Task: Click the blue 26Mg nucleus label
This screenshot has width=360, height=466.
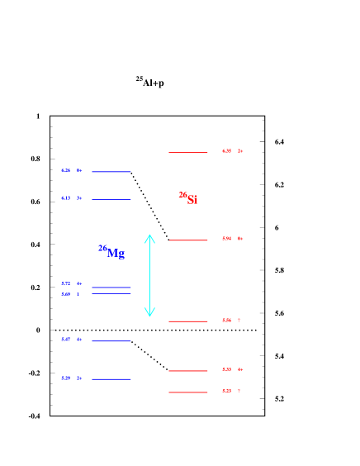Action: pyautogui.click(x=111, y=252)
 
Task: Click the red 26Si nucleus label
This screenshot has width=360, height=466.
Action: pyautogui.click(x=188, y=198)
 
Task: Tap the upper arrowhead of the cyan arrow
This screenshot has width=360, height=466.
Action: pyautogui.click(x=149, y=239)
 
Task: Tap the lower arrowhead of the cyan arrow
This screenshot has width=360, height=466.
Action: pyautogui.click(x=149, y=312)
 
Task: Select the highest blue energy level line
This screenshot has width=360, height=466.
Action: pyautogui.click(x=111, y=172)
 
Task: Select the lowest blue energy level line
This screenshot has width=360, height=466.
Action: pyautogui.click(x=111, y=379)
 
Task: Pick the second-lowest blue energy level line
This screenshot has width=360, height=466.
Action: pyautogui.click(x=111, y=340)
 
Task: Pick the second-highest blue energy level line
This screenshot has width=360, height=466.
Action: pyautogui.click(x=111, y=199)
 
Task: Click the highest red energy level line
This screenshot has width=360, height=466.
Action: pyautogui.click(x=188, y=152)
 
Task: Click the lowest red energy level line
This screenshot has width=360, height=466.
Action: pyautogui.click(x=188, y=392)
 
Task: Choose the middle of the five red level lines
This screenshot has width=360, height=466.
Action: pyautogui.click(x=188, y=321)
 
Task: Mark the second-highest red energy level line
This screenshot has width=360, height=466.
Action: pyautogui.click(x=188, y=240)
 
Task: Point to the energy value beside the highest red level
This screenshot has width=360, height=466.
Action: pyautogui.click(x=226, y=151)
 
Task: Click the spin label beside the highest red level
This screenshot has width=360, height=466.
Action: pyautogui.click(x=240, y=151)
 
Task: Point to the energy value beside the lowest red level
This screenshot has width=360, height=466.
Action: pyautogui.click(x=226, y=392)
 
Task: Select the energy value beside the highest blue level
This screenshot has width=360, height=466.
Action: pyautogui.click(x=65, y=171)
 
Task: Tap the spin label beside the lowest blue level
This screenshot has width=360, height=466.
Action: pyautogui.click(x=79, y=378)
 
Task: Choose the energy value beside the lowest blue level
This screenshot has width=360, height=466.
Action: pyautogui.click(x=65, y=378)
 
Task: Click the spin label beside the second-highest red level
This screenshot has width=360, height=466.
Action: pyautogui.click(x=240, y=239)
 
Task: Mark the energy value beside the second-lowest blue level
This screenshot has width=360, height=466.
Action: pyautogui.click(x=65, y=340)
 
